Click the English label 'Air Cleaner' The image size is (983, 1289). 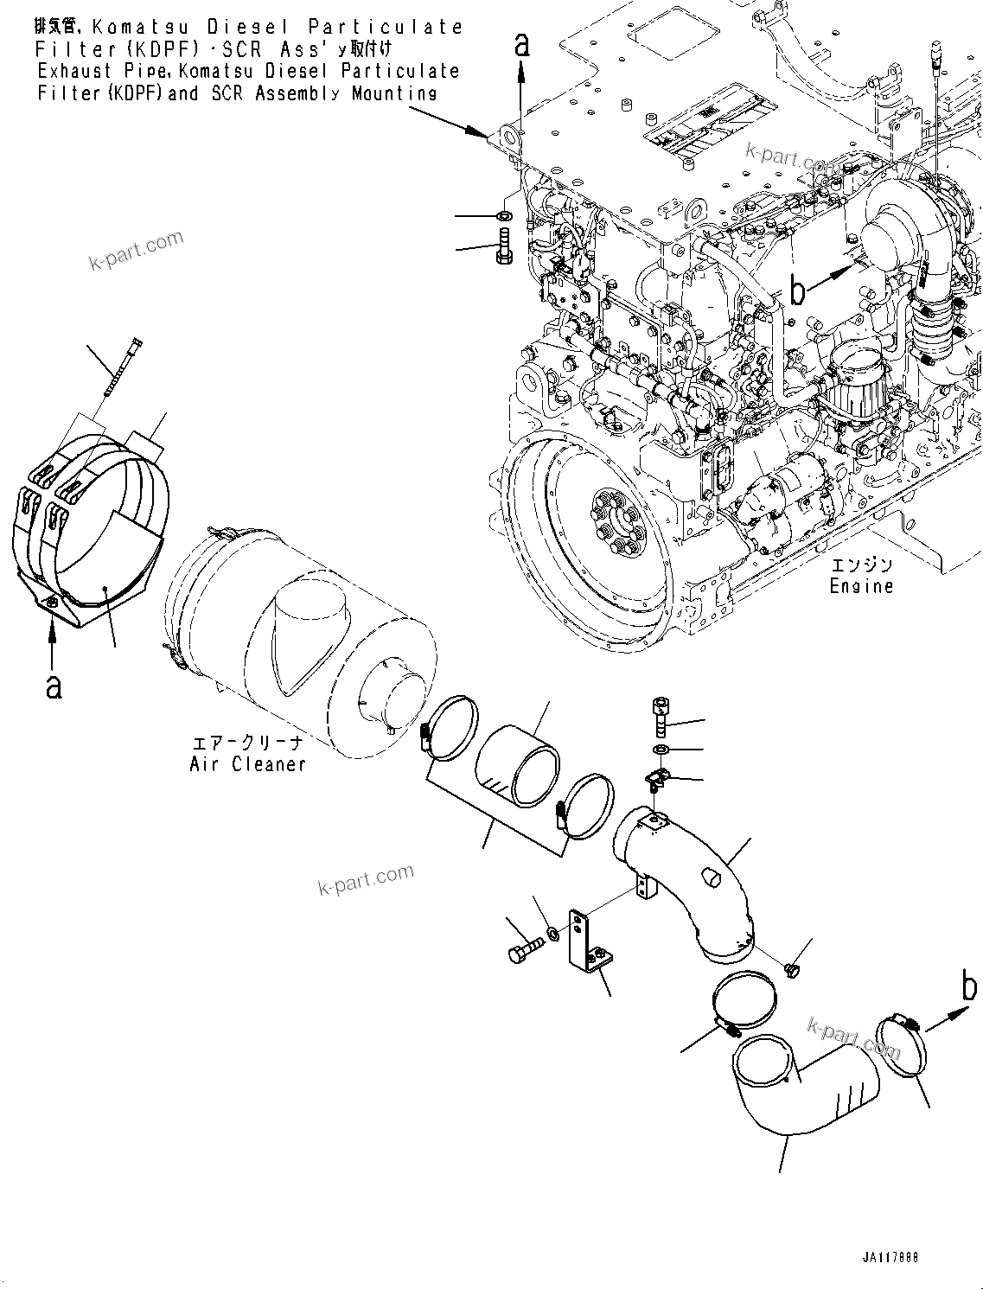coord(247,764)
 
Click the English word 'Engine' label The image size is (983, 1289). coord(861,586)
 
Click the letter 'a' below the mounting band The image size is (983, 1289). coord(54,686)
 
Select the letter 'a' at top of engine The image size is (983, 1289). coord(521,44)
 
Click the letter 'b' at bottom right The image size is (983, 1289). coord(970,986)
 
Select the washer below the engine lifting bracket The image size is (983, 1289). coord(505,214)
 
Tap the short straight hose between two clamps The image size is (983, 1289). coord(517,763)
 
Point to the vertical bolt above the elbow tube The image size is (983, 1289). coord(661,718)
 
